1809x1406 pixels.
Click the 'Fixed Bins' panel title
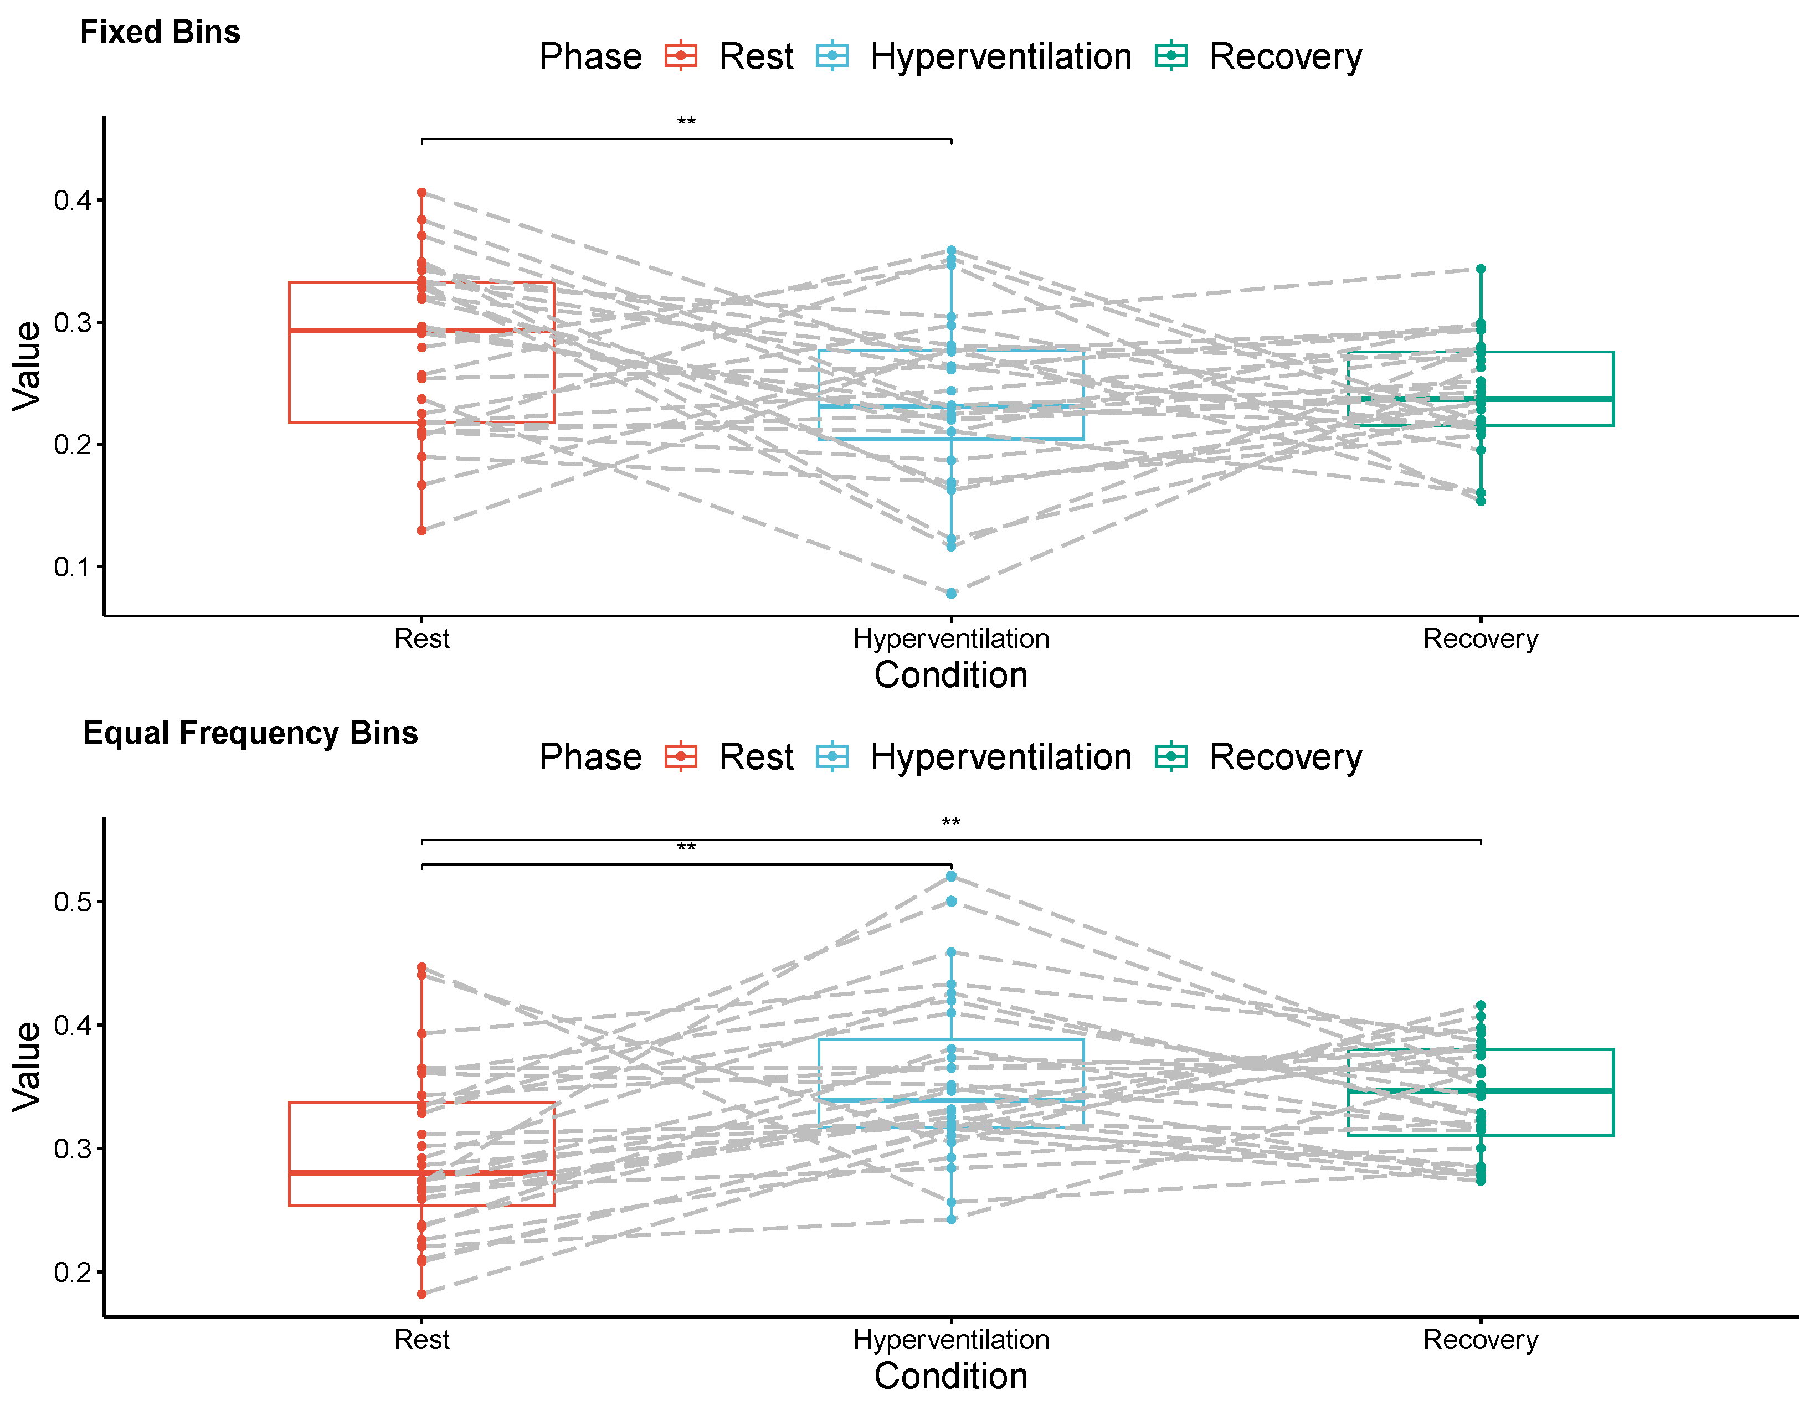[x=160, y=32]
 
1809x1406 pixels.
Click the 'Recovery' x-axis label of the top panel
[x=1480, y=639]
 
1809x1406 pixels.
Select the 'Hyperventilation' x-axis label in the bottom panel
[x=951, y=1340]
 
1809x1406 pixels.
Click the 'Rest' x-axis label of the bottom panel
[x=422, y=1340]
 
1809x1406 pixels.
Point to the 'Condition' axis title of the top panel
[x=951, y=676]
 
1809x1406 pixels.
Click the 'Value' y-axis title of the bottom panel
[x=27, y=1067]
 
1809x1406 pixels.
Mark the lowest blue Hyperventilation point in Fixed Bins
[x=952, y=594]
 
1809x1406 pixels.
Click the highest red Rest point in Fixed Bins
[x=422, y=193]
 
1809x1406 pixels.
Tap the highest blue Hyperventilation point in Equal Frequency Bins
[x=952, y=876]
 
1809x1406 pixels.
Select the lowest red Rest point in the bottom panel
[x=422, y=1294]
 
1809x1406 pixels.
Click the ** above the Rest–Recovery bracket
[x=951, y=822]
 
